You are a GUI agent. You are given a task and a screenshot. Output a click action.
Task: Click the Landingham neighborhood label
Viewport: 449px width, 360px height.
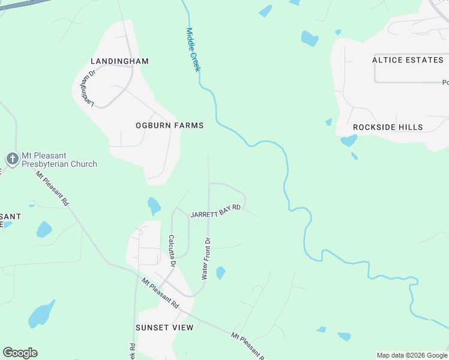[119, 61]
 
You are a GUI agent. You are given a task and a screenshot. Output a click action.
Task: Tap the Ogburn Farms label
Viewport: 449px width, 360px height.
[169, 125]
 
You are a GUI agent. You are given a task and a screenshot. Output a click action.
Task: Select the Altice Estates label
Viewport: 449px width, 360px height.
[407, 60]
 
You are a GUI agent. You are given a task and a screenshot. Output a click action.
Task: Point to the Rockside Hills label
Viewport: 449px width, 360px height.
[388, 127]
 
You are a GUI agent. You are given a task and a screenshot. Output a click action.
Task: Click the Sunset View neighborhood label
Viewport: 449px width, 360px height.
[164, 327]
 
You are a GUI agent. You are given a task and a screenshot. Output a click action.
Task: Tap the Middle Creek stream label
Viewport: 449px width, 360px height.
[192, 50]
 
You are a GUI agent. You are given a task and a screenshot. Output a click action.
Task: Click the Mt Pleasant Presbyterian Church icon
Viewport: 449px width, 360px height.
[12, 159]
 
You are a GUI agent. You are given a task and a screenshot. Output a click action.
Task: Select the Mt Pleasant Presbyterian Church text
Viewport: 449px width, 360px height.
[59, 159]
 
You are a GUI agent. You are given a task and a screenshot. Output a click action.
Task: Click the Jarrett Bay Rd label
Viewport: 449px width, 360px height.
[215, 211]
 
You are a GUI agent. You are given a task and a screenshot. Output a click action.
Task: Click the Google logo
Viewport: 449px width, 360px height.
[20, 353]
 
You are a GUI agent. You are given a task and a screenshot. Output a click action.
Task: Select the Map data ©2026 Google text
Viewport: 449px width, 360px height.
[412, 355]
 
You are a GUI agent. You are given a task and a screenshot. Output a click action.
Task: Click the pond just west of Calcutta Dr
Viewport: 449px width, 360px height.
[154, 206]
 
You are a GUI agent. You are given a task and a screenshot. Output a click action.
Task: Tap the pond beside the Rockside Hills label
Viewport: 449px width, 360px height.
[348, 141]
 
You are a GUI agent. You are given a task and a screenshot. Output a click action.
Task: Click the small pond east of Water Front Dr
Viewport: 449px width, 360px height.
[220, 272]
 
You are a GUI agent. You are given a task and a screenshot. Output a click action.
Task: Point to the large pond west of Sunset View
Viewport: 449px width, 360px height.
[41, 314]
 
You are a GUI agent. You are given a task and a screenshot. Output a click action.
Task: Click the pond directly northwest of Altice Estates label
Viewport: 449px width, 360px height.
[310, 39]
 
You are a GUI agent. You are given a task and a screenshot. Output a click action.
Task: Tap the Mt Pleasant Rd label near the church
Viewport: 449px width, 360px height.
[52, 189]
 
